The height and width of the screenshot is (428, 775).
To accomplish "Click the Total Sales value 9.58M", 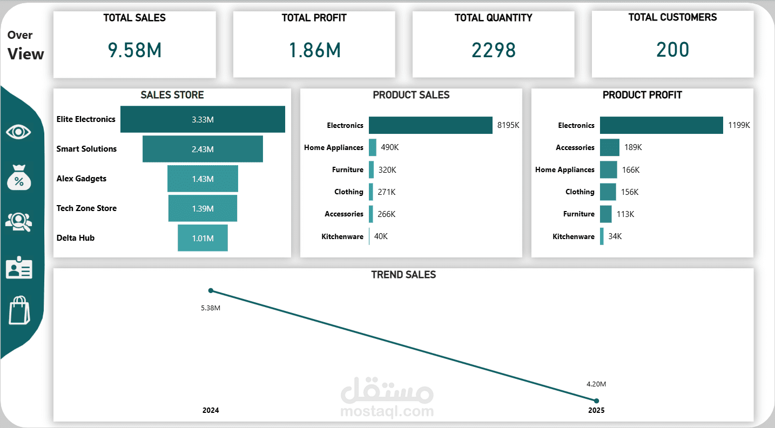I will (x=134, y=50).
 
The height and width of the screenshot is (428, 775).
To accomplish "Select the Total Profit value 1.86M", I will (x=314, y=50).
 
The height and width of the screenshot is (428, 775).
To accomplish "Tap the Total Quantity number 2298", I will (x=494, y=50).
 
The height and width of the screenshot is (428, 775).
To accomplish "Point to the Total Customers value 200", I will (x=672, y=50).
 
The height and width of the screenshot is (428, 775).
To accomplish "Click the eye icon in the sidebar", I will (x=18, y=132).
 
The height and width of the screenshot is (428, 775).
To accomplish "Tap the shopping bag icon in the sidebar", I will (x=19, y=310).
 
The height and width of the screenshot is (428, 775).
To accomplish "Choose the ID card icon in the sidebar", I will (x=19, y=267).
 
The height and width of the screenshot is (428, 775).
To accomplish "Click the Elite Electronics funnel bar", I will (x=203, y=119).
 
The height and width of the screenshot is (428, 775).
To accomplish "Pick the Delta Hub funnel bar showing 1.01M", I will (x=203, y=238).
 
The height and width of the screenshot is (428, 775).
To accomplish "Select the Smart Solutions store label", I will (x=86, y=149).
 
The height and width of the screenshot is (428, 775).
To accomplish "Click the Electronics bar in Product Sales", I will (x=430, y=125).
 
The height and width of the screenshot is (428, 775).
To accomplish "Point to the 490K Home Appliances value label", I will (x=390, y=147).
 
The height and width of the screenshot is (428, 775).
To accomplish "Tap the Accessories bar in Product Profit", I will (x=609, y=147).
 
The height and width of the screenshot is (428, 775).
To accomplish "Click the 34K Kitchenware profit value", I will (x=615, y=236).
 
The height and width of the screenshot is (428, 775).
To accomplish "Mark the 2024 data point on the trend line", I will (x=211, y=291).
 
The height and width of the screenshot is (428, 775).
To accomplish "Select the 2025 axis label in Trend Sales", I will (x=596, y=410).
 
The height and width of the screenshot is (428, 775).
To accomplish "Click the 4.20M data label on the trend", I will (x=596, y=384).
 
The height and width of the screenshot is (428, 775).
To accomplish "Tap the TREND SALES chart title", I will (x=403, y=275).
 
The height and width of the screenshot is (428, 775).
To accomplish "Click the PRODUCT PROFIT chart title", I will (x=642, y=95).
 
